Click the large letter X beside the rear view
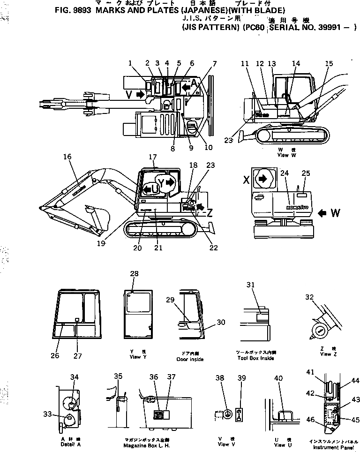tap(246, 179)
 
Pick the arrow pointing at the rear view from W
tap(322, 214)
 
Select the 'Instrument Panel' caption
tap(328, 447)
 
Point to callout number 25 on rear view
tap(306, 173)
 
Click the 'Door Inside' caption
tap(190, 359)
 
